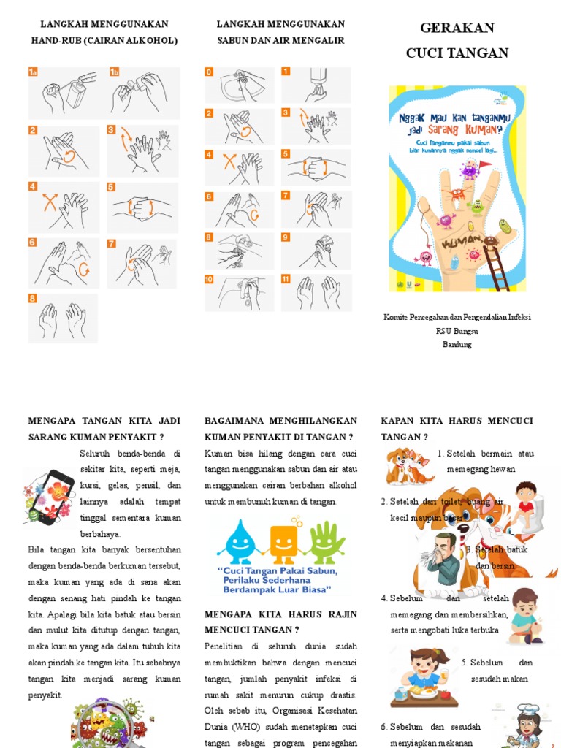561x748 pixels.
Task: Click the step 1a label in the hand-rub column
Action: click(x=34, y=72)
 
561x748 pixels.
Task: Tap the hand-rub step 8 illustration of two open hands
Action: click(x=63, y=318)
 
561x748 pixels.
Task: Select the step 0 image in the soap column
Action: click(x=240, y=85)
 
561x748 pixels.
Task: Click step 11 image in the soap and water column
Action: click(x=317, y=292)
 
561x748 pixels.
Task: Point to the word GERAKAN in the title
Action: click(x=457, y=28)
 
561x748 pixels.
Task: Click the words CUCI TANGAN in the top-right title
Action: click(x=457, y=53)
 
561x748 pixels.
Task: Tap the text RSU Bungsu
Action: click(x=457, y=331)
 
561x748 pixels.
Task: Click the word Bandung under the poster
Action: click(x=457, y=344)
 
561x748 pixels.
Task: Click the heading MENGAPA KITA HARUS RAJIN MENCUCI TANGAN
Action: click(x=280, y=621)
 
